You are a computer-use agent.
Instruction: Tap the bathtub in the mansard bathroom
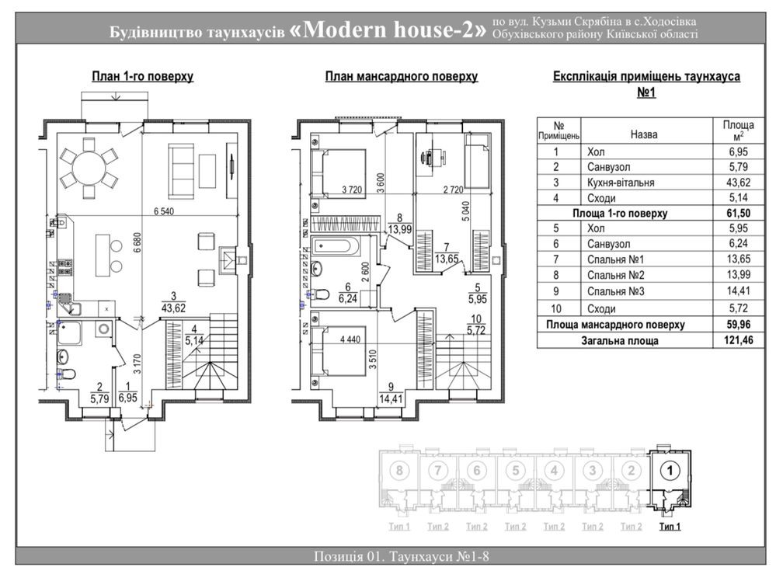(336, 246)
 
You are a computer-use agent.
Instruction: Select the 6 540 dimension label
(164, 211)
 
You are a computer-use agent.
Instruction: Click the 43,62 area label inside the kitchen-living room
(173, 308)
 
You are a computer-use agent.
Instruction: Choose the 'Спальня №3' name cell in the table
(616, 291)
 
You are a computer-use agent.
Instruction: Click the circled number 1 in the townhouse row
(670, 470)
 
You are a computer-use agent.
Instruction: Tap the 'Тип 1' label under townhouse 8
(399, 527)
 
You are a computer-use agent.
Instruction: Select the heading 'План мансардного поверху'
(402, 76)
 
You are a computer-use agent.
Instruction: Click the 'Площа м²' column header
(739, 130)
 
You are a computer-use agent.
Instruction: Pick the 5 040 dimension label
(465, 210)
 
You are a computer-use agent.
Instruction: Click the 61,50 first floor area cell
(739, 214)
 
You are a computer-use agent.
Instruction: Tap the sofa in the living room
(181, 171)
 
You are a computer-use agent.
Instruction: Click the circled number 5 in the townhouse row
(515, 470)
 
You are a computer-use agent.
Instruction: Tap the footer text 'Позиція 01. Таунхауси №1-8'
(402, 556)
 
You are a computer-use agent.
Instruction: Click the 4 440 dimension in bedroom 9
(350, 339)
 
